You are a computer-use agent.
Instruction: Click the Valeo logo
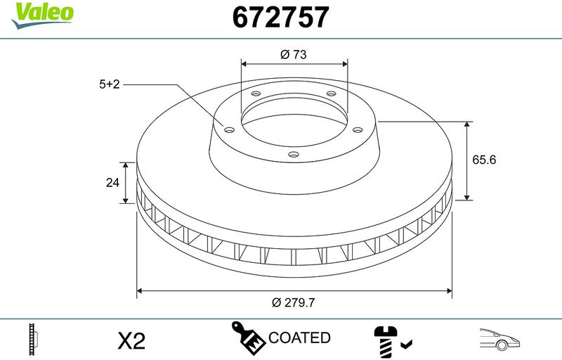42,15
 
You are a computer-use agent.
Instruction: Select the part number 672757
280,17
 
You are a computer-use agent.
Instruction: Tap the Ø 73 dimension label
294,55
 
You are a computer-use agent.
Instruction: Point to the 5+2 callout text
110,84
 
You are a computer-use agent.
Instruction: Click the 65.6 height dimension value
484,160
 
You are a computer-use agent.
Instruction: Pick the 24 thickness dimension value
112,183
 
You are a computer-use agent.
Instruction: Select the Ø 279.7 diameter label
293,302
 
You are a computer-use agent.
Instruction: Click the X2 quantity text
131,340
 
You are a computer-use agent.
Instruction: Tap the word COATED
299,337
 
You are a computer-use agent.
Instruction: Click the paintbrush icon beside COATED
248,337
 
